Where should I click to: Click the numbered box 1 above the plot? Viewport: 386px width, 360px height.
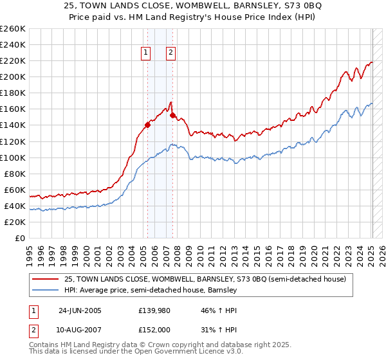147,53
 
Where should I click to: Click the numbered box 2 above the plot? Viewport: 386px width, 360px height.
171,53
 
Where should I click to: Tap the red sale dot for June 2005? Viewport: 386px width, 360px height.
148,125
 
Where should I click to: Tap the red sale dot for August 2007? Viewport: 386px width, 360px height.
172,115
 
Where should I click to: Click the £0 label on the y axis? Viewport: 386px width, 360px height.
20,238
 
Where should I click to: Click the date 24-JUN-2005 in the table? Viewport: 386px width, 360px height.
80,310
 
